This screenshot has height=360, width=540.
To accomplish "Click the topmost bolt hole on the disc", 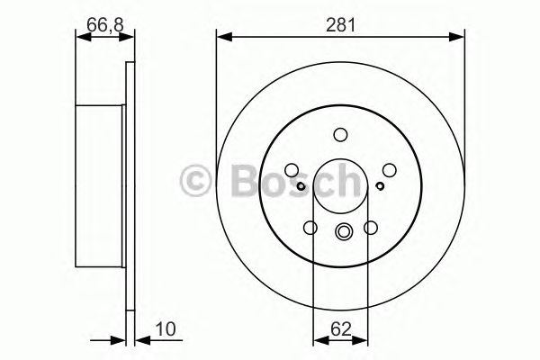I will coord(340,135).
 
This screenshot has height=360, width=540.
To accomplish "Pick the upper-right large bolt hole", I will coord(388,168).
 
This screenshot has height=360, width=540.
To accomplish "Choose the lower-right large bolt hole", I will coord(370,229).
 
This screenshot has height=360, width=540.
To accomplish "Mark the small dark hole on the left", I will coord(302,186).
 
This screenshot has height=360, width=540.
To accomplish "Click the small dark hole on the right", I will coord(381,186).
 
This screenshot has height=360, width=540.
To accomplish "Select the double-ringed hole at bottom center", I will coord(341,231).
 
